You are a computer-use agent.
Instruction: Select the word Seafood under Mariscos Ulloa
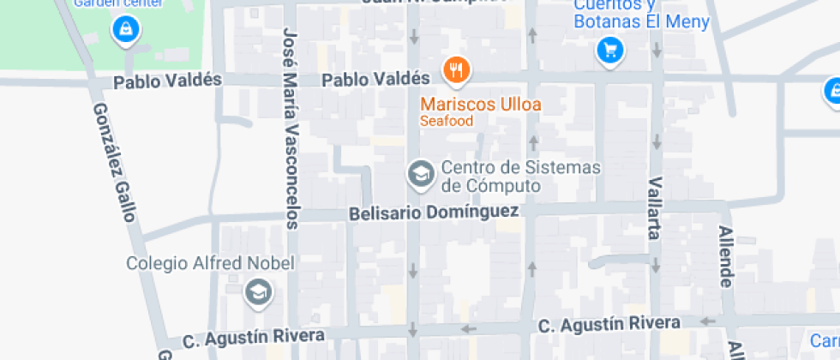coord(447,122)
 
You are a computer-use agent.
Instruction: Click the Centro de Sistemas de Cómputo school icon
coord(421,174)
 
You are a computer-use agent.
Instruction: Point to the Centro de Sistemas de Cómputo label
coord(520,176)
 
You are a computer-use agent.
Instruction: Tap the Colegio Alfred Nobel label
coord(210,263)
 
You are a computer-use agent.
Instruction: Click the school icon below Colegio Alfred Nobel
coord(256,292)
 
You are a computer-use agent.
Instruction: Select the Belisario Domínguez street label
coord(434,212)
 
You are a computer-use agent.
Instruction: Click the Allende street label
coord(726,256)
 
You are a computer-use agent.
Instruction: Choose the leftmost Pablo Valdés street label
coord(167,81)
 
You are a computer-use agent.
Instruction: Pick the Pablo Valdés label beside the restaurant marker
coord(375,80)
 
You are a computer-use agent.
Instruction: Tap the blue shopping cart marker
coord(609,51)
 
